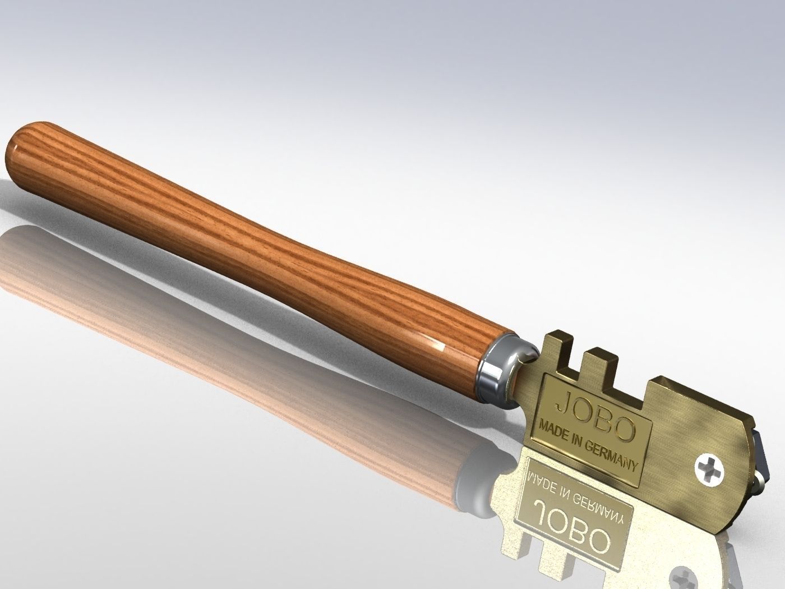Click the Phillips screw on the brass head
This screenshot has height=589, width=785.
click(x=709, y=467)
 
